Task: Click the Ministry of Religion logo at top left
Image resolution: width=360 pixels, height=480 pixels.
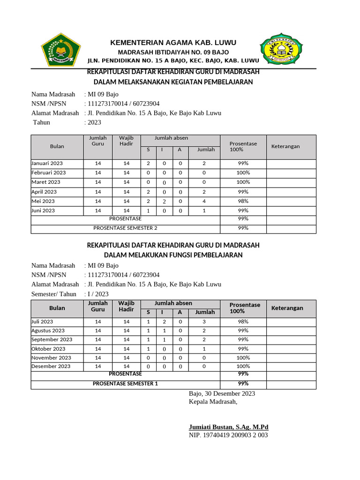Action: (61, 48)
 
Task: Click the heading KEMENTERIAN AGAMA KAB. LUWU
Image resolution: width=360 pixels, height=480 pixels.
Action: (173, 43)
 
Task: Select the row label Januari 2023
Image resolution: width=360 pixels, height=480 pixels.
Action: (47, 164)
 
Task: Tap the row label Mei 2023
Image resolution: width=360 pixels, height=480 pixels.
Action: (43, 201)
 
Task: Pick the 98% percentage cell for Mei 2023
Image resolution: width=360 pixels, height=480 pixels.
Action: (243, 201)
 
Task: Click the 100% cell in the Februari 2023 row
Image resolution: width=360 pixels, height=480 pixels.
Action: (243, 172)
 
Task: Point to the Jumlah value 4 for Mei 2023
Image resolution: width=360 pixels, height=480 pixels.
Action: (204, 201)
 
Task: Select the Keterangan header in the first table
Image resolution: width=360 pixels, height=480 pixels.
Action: (285, 146)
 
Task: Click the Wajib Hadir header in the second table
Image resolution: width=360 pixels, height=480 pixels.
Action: (126, 306)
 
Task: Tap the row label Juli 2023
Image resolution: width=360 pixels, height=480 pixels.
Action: (42, 322)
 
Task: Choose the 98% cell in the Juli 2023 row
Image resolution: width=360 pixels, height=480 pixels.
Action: (243, 322)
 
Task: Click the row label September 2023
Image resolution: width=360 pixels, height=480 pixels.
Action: (52, 339)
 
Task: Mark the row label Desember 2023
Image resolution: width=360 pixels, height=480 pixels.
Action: (51, 366)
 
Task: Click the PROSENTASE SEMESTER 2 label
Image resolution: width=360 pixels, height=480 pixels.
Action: (125, 228)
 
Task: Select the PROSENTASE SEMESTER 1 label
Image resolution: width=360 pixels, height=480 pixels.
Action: (125, 384)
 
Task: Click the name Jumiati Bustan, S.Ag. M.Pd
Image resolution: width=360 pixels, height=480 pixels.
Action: (228, 427)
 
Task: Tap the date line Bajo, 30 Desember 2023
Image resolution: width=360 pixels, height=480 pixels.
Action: (222, 393)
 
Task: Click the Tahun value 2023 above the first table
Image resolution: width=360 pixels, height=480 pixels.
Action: (93, 122)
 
